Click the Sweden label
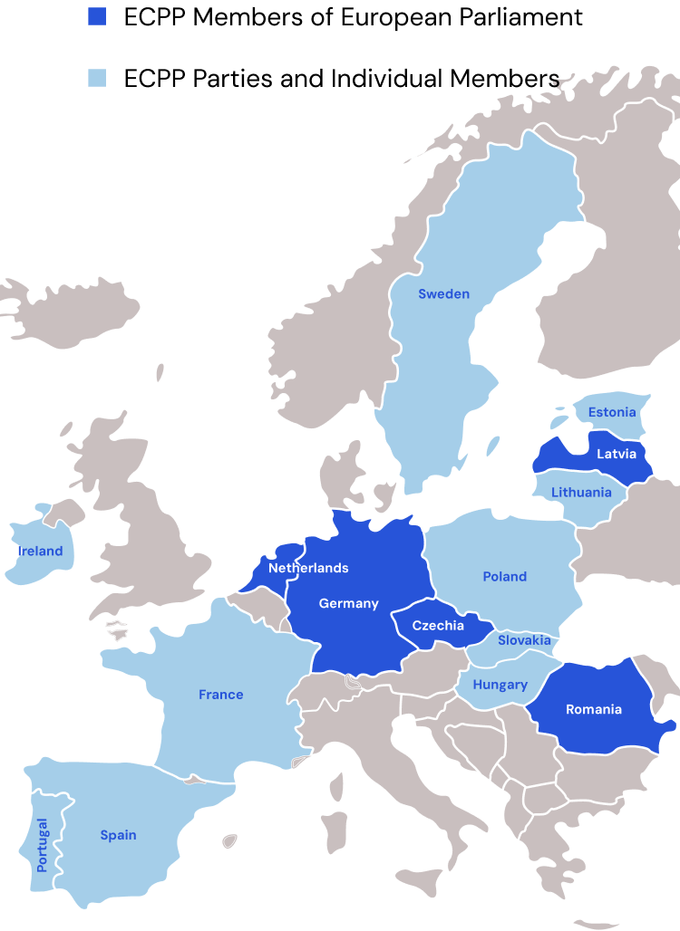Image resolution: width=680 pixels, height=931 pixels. point(443,293)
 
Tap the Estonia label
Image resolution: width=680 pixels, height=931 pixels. point(612,412)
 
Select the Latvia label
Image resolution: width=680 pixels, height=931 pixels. point(616,454)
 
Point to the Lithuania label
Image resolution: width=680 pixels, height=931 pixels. point(581,493)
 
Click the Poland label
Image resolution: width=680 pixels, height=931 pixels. point(504,576)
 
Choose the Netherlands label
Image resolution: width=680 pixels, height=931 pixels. point(308,568)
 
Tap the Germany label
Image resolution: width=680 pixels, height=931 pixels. point(348,603)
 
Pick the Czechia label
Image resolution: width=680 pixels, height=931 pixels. point(438,626)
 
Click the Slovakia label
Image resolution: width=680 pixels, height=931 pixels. point(524,640)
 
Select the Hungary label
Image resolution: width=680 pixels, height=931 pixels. point(500,685)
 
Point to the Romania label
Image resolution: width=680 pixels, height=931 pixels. point(594,709)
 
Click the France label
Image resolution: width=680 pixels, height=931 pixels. point(221,695)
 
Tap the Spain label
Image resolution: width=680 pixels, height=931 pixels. point(118,835)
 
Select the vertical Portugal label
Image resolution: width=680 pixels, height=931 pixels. point(42,845)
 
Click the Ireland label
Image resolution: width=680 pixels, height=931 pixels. point(40,551)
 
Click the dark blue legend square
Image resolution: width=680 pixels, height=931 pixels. point(97,16)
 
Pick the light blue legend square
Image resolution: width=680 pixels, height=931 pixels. point(97,78)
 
